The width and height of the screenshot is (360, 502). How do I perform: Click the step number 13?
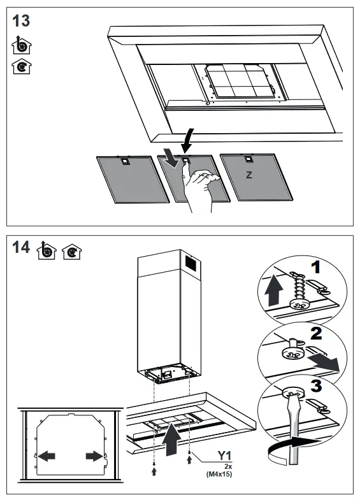(21, 20)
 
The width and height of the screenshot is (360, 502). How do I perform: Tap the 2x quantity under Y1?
(228, 466)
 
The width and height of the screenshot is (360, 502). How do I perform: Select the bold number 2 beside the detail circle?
(316, 333)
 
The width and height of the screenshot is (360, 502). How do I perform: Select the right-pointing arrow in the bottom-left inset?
(93, 455)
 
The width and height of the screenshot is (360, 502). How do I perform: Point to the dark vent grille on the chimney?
(190, 262)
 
